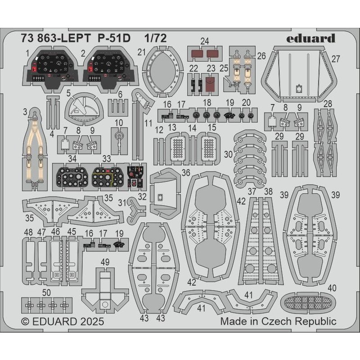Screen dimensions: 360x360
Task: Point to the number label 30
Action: (x=229, y=154)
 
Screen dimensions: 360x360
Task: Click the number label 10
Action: (x=119, y=123)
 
